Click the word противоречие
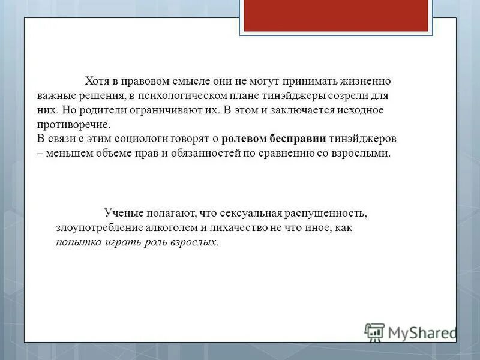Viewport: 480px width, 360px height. click(x=73, y=125)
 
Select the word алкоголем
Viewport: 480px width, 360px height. click(x=168, y=228)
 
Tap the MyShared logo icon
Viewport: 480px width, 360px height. click(x=374, y=332)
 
